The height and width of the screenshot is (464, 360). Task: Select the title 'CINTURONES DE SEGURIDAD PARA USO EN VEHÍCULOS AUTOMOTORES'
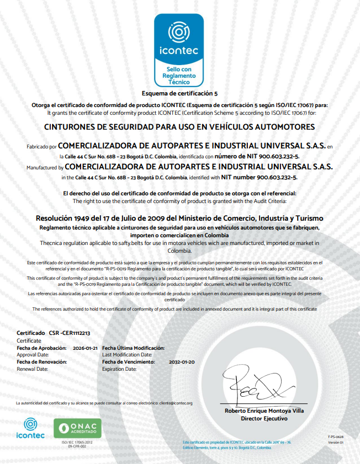coord(179,126)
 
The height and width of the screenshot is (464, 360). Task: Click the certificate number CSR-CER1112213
coord(70,334)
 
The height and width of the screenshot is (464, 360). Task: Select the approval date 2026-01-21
coord(85,348)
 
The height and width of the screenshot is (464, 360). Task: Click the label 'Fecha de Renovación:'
coord(42,362)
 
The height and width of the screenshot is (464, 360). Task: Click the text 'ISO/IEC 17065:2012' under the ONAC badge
coord(77,442)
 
